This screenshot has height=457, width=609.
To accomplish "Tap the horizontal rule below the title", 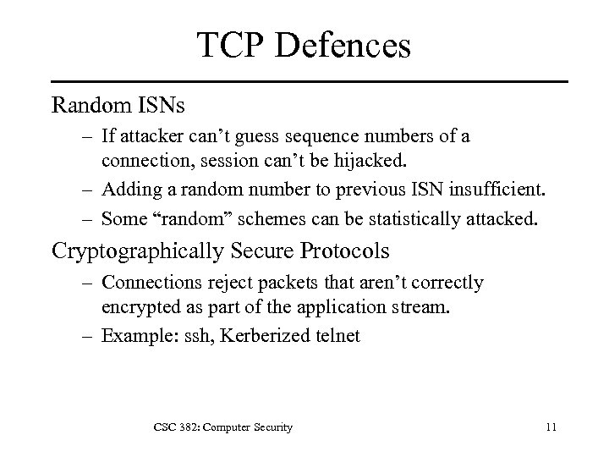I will coord(304,81).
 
